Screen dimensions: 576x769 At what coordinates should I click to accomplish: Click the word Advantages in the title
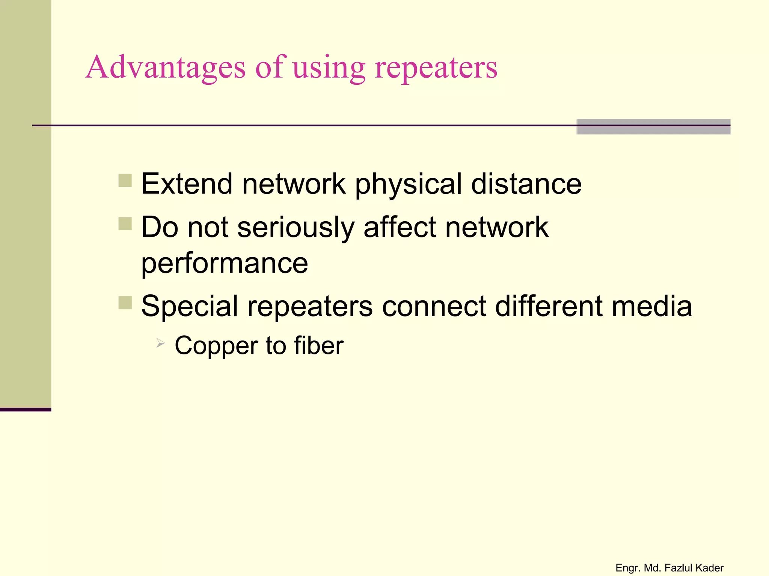(x=166, y=67)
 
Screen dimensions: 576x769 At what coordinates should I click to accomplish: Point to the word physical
(x=408, y=184)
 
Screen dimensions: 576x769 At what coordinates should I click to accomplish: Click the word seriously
(x=296, y=228)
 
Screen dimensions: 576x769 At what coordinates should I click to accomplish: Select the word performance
(x=225, y=264)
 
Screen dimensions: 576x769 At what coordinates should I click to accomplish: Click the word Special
(x=190, y=306)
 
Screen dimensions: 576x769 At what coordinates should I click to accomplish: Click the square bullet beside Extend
(x=125, y=180)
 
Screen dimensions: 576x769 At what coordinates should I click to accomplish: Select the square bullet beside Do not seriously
(x=125, y=224)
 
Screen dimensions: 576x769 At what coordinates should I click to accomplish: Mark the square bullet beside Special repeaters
(x=125, y=303)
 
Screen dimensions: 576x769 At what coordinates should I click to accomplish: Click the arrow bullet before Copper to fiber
(x=160, y=342)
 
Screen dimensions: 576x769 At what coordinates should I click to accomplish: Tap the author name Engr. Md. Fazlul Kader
(x=669, y=568)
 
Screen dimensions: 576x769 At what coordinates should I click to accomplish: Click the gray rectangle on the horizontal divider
(x=653, y=127)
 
